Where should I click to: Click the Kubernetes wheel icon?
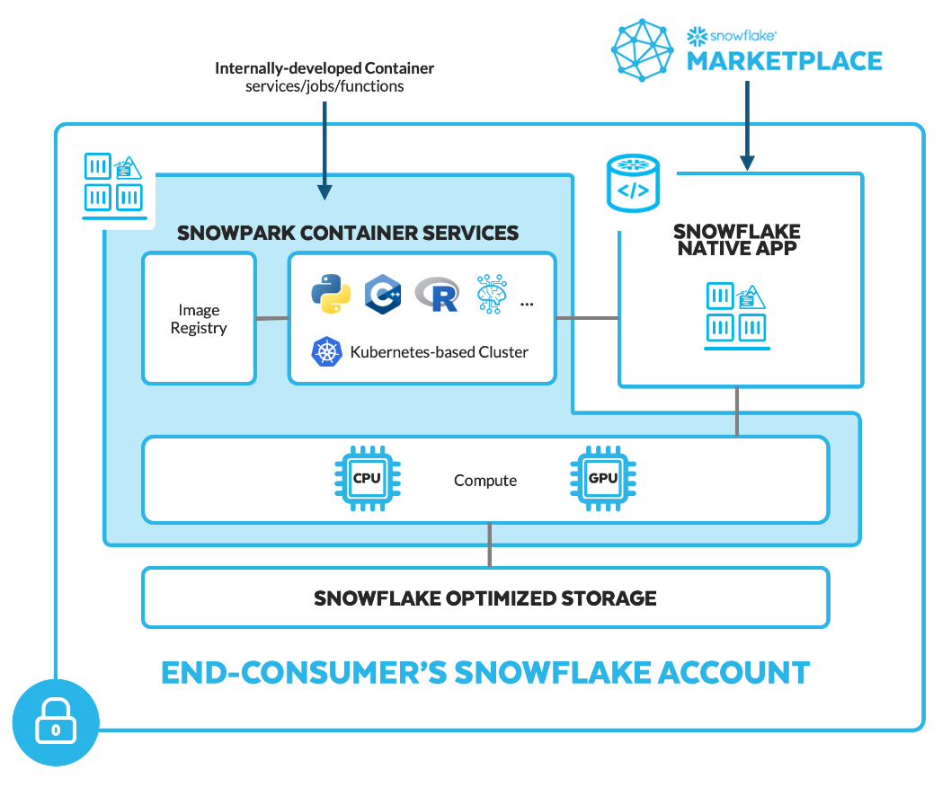coord(327,352)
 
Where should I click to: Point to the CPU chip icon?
coord(368,479)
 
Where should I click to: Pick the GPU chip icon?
coord(603,479)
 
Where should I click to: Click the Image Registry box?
coord(199,319)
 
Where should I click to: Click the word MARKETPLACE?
coord(784,61)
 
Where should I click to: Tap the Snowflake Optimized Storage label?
coord(484,598)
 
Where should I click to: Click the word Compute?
coord(484,481)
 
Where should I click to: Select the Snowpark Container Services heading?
coord(348,233)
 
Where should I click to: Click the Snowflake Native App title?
coord(737,240)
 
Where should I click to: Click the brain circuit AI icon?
coord(492,294)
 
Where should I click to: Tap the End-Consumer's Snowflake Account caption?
coord(485,672)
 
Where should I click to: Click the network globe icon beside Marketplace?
coord(644,49)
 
